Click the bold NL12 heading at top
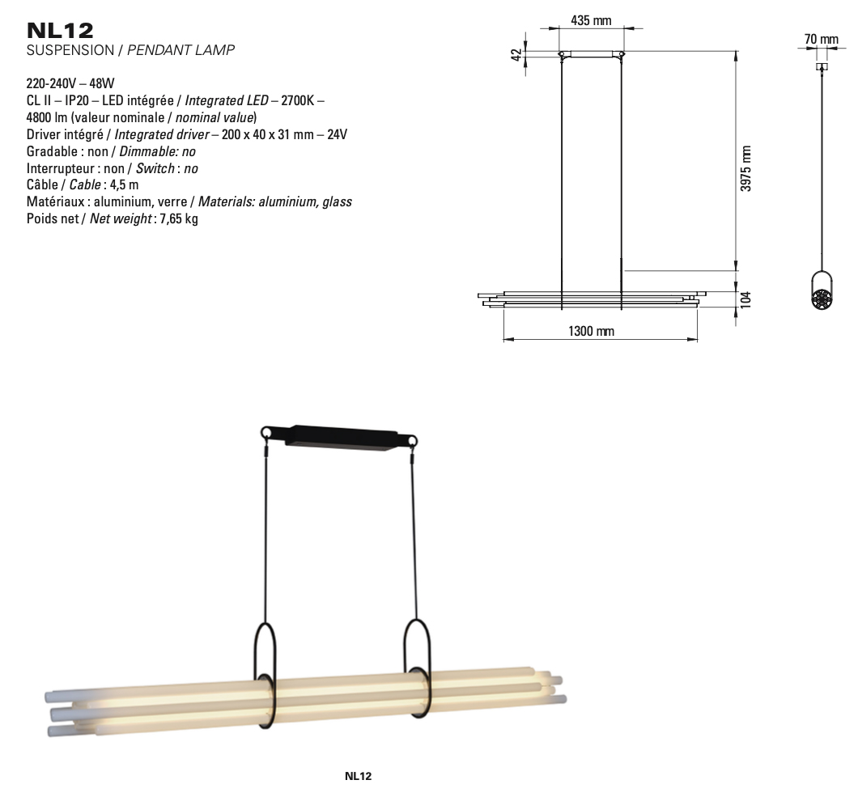60,32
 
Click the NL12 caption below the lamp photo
358,776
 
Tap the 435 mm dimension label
591,20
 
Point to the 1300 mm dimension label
592,331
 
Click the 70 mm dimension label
821,39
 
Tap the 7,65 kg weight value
180,219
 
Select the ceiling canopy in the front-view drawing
591,55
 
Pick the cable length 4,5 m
124,185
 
